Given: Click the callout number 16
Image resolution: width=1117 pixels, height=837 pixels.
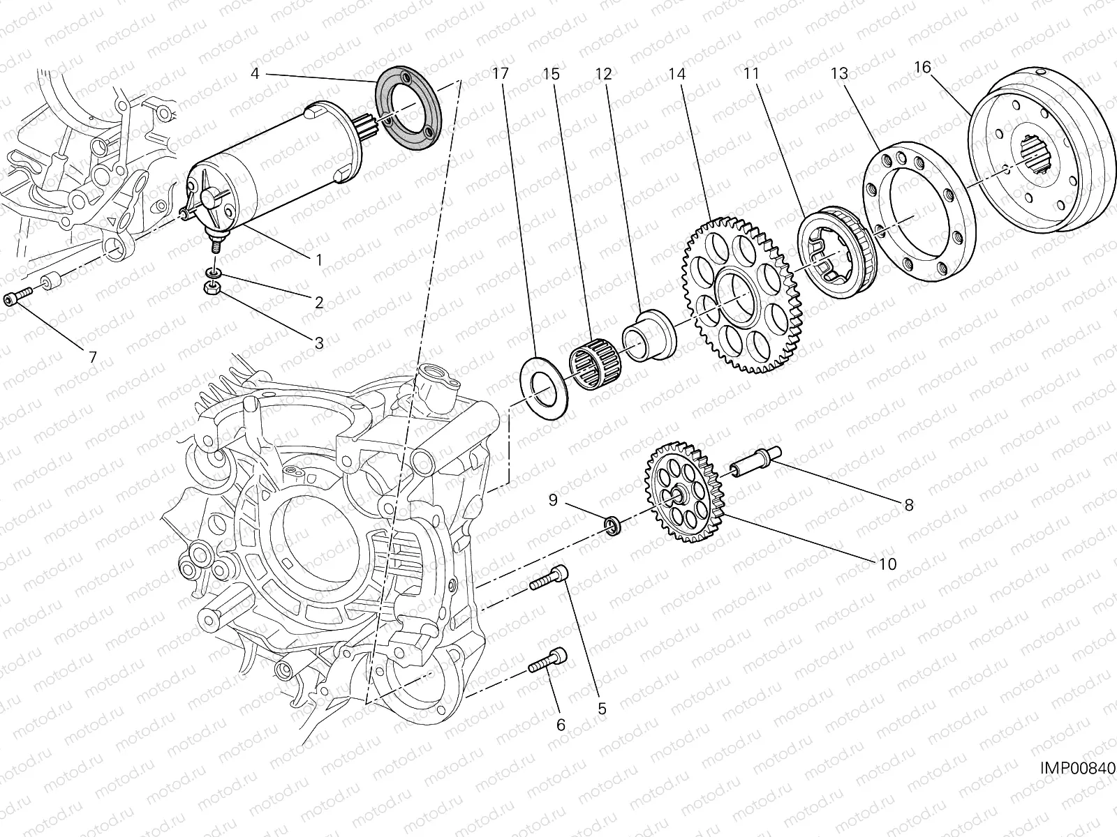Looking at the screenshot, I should (922, 67).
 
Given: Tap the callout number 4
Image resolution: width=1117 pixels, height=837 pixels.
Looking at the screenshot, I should (255, 73).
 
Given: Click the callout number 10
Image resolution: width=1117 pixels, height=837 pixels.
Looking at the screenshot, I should (887, 564).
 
